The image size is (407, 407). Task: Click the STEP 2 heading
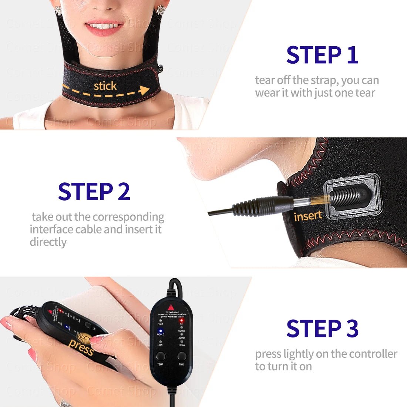(x=94, y=191)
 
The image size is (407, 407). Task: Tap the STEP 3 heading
(x=322, y=328)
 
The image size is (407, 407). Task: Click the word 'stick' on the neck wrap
(x=105, y=86)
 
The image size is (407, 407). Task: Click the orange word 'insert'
(x=308, y=216)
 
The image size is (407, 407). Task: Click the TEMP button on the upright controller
(x=161, y=357)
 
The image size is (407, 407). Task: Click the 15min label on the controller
(x=182, y=345)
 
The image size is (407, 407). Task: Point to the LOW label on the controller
(x=160, y=345)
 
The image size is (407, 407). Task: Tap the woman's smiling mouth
(x=104, y=28)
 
